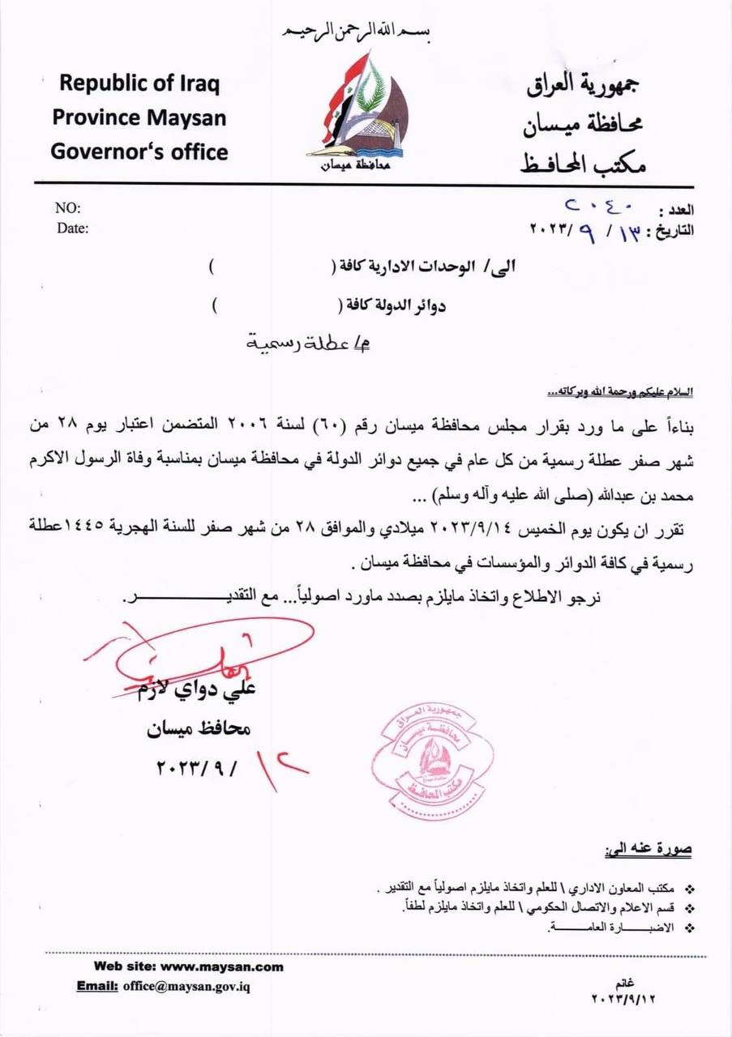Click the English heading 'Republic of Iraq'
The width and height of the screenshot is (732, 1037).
(139, 84)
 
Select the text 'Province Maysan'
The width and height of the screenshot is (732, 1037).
(139, 117)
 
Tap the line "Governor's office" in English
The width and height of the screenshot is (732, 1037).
(139, 151)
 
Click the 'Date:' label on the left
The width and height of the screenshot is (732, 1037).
(72, 228)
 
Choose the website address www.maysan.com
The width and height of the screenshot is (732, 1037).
(222, 967)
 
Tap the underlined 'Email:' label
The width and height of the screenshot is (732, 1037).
(98, 987)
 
